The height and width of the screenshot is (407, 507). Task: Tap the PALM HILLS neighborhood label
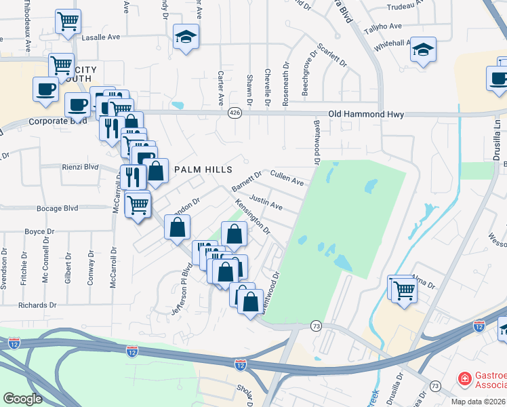pos(203,169)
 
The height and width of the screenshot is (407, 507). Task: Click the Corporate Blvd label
pos(58,121)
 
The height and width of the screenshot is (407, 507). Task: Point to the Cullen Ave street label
pos(287,178)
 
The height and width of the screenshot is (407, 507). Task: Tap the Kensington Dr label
pos(252,215)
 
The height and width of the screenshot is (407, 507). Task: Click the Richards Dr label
pos(33,305)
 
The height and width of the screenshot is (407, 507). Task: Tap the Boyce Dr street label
pos(39,231)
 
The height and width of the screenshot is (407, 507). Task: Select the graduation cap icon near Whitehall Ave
pos(423,50)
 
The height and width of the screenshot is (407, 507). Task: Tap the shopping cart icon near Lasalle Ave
pos(68,21)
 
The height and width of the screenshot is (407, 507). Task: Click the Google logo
pos(22,399)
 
